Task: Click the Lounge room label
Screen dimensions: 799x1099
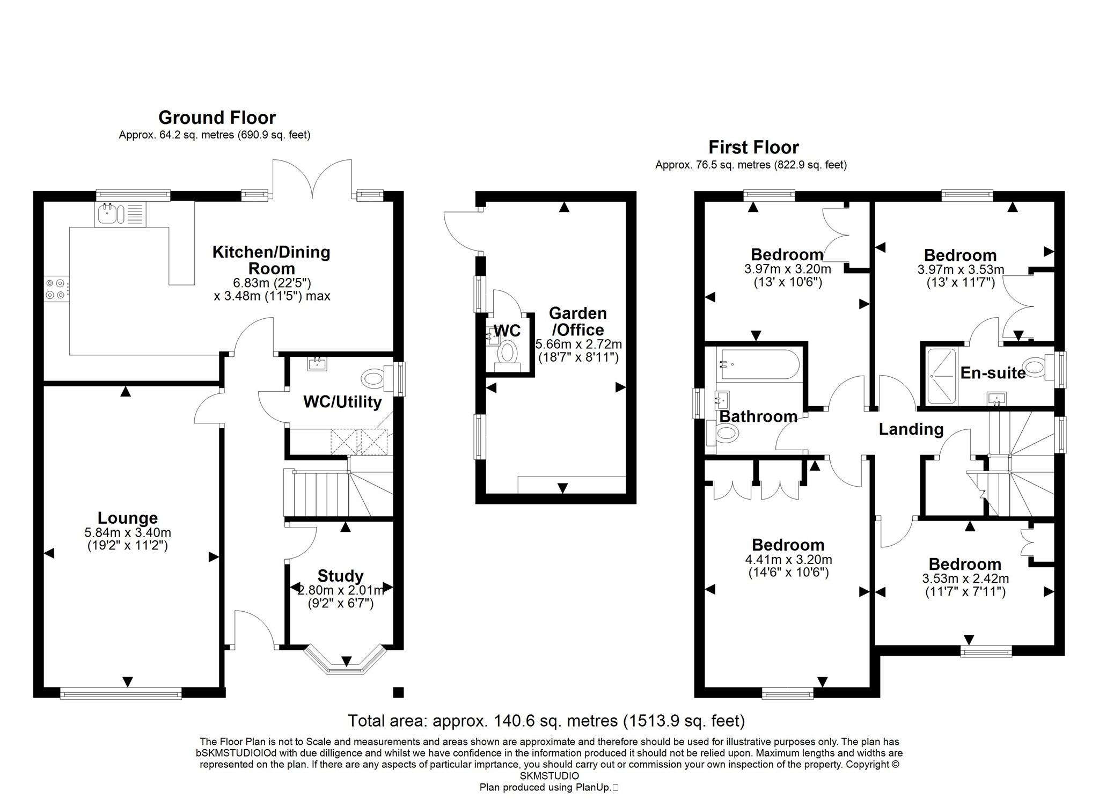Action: click(128, 518)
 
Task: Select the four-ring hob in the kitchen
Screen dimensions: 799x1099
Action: click(56, 288)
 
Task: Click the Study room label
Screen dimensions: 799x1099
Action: click(340, 576)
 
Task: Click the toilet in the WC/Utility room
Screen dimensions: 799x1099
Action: click(374, 379)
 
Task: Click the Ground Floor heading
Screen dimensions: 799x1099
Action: click(217, 117)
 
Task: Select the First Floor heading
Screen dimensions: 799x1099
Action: click(753, 146)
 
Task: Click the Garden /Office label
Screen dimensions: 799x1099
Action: click(578, 321)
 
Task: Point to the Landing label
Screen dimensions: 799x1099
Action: click(911, 429)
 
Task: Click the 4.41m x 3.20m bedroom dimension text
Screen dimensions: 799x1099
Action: click(788, 560)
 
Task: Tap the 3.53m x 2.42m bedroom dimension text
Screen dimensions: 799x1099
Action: click(965, 578)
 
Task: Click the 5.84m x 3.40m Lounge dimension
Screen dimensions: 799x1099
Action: click(128, 532)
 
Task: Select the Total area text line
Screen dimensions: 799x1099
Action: click(546, 720)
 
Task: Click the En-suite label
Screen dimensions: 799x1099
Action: click(992, 372)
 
